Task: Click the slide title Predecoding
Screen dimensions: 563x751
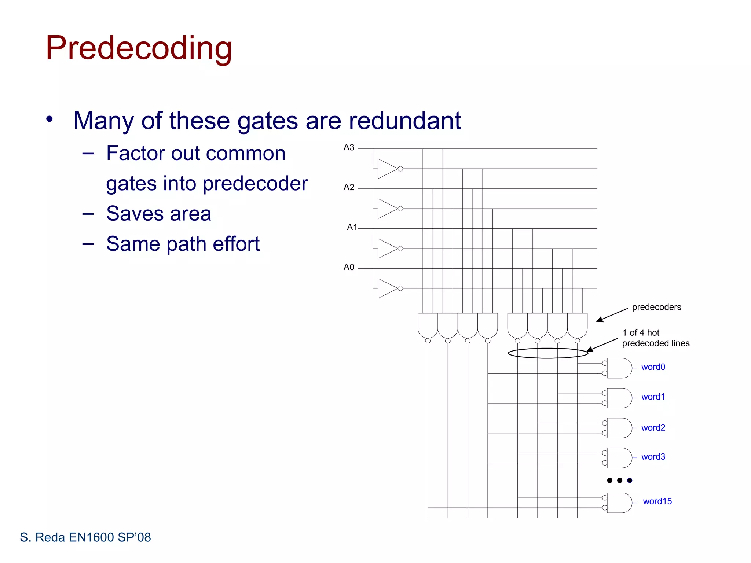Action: [139, 48]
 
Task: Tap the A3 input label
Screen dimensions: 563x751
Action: [349, 147]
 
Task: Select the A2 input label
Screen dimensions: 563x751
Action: [349, 187]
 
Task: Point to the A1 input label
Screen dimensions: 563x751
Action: [352, 227]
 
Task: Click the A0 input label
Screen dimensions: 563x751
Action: [349, 267]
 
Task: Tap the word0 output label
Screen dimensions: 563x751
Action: [653, 367]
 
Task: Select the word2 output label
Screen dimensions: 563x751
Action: [653, 428]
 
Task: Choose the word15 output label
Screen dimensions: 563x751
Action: [657, 501]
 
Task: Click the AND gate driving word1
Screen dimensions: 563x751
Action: [619, 398]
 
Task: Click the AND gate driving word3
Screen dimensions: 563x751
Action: [619, 458]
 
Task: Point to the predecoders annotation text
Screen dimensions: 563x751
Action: [656, 307]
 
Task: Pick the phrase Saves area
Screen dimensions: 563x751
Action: [158, 214]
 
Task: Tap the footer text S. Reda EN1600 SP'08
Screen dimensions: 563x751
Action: [85, 537]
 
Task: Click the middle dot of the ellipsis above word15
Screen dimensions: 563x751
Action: [620, 480]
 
